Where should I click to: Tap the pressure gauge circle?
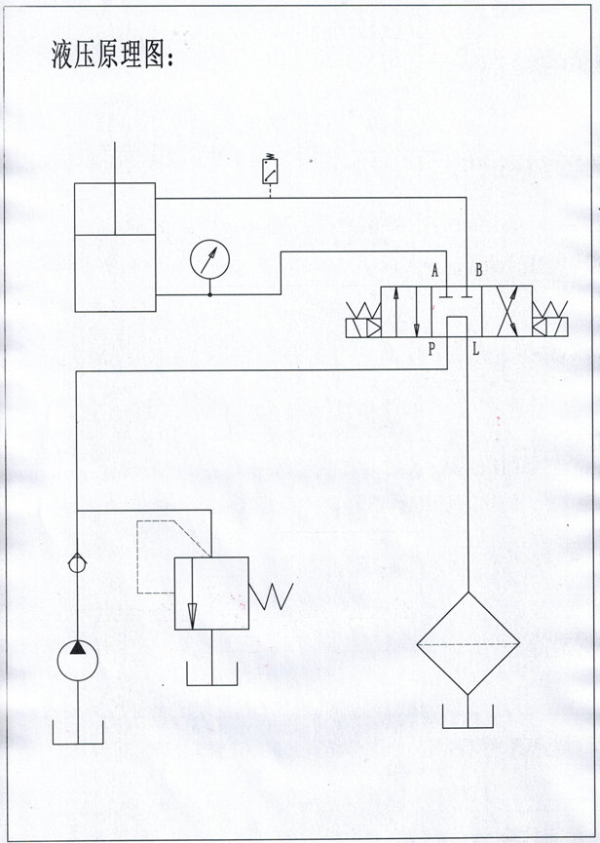(x=210, y=259)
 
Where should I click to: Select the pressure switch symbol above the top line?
(x=270, y=171)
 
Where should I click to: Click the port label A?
(x=435, y=271)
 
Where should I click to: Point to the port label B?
(x=478, y=271)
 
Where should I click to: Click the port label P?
(x=431, y=350)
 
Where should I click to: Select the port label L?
(x=476, y=350)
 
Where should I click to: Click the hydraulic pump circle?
(x=78, y=660)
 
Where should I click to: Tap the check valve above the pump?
(x=77, y=564)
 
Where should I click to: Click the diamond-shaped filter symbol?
(x=468, y=643)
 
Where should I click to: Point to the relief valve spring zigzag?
(x=271, y=596)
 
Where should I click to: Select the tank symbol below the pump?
(x=78, y=732)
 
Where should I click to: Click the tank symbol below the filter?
(x=468, y=716)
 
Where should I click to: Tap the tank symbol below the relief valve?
(x=212, y=673)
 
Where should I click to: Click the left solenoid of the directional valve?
(x=363, y=321)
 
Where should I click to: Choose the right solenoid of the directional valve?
(x=550, y=321)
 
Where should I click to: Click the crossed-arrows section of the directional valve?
(x=507, y=312)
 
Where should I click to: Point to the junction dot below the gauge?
(x=210, y=294)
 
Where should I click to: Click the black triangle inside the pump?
(x=78, y=647)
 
